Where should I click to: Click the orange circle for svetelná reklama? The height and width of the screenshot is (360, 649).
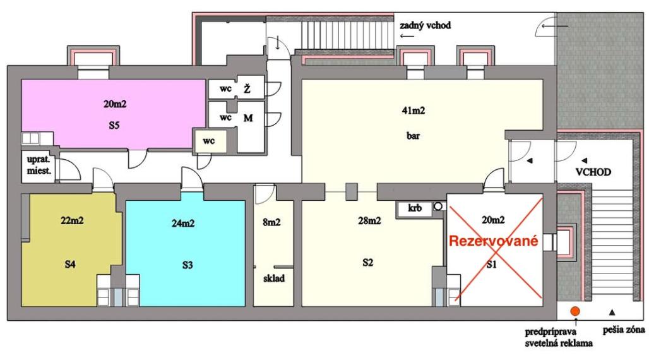click(x=575, y=311)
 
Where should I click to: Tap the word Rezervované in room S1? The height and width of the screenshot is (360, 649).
click(x=493, y=241)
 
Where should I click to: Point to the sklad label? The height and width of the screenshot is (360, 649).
click(x=273, y=277)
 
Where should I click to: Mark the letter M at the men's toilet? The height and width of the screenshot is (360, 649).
click(x=247, y=118)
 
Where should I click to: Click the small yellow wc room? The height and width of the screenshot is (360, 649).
click(x=209, y=141)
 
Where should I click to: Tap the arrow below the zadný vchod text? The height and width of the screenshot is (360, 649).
click(x=407, y=37)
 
